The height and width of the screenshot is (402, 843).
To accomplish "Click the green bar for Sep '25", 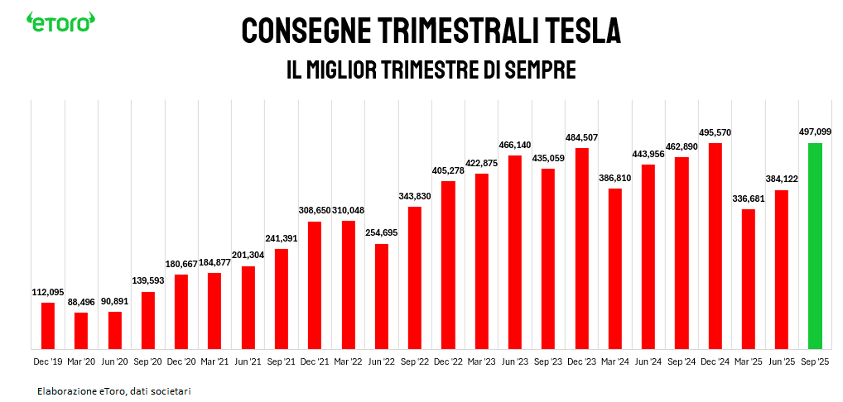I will point(815,246).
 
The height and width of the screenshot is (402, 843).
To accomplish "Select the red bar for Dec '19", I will point(48,325).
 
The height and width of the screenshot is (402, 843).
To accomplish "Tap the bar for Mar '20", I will point(81,330).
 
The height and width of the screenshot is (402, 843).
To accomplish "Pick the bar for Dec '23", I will point(581,248).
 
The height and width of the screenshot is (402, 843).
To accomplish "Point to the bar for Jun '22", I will point(382,296).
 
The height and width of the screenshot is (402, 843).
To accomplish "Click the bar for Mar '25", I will point(749,279).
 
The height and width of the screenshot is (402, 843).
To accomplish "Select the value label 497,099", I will point(815,132).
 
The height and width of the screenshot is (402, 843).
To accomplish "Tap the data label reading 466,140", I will point(515,144).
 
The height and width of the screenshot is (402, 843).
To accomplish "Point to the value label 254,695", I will point(382,232).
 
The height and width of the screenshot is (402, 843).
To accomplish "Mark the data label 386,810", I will point(615,178).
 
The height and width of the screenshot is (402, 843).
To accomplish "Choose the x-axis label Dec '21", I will point(315,361).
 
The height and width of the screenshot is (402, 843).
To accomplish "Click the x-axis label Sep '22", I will point(415,361).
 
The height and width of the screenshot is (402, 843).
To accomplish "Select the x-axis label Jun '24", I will point(648,361).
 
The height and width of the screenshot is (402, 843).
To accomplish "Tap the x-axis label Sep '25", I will point(815,361).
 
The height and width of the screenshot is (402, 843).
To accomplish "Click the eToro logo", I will point(60,23).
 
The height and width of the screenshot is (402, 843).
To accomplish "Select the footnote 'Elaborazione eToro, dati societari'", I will point(113,390).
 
